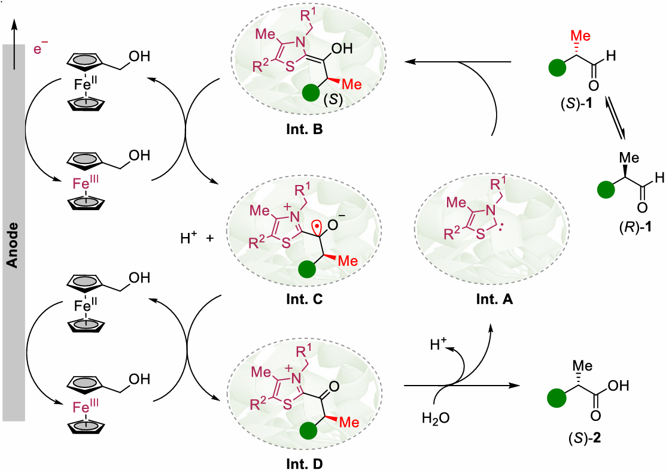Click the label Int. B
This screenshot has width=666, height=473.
pos(306,129)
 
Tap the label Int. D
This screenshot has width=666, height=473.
pos(306,463)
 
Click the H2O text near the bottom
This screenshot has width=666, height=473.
pos(433,416)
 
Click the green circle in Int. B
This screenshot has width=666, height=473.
pos(311,93)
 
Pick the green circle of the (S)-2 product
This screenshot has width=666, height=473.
pos(559,399)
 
